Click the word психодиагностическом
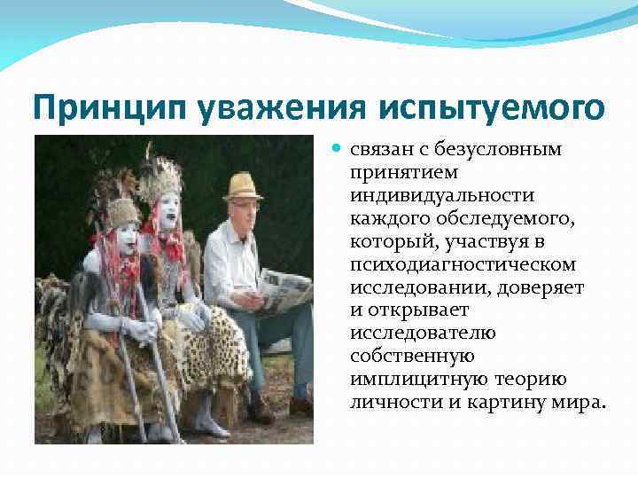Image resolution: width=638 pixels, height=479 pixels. click(463, 263)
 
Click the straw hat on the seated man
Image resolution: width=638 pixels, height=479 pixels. click(242, 185)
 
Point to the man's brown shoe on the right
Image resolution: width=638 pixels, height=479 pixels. click(301, 405)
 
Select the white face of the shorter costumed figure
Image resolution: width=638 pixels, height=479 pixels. click(125, 237)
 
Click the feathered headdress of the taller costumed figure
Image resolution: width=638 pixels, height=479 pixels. click(162, 177)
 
